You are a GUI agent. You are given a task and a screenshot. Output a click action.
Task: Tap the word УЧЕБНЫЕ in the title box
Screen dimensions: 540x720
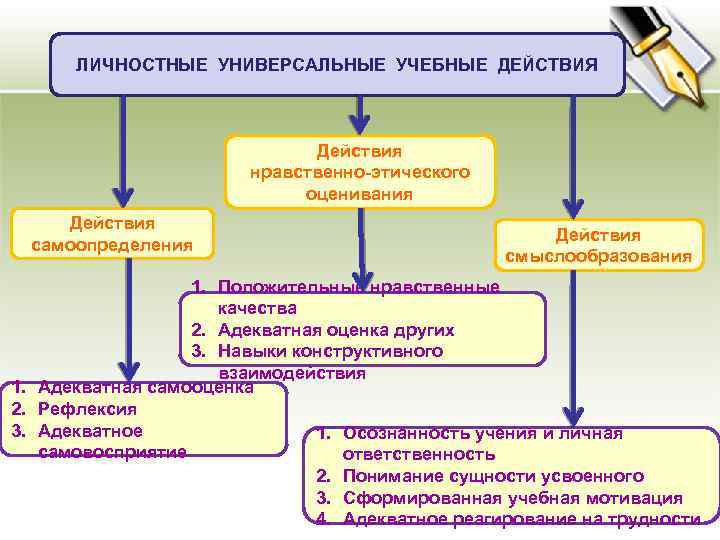coord(437,65)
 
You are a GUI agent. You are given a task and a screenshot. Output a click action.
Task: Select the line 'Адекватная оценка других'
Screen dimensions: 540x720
coord(335,330)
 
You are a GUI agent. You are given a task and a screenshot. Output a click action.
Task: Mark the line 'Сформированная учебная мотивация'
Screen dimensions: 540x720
coord(513,498)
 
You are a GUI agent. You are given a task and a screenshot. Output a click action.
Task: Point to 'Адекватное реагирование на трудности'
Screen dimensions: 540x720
coord(521,519)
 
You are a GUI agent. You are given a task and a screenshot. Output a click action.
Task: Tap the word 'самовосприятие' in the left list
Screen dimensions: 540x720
coord(112,453)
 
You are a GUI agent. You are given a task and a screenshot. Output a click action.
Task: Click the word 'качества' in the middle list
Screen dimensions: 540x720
coord(257,308)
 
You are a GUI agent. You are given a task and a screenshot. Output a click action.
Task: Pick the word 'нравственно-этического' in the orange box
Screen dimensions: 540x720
coord(361,172)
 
